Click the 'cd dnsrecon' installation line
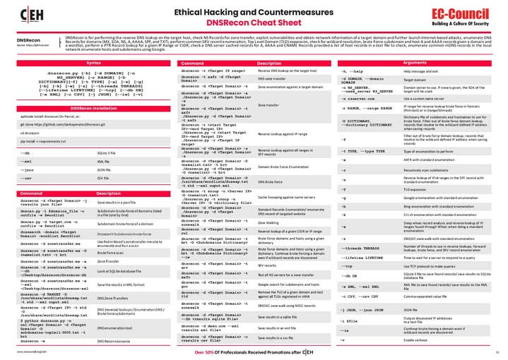point(30,133)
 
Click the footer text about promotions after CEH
point(254,351)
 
